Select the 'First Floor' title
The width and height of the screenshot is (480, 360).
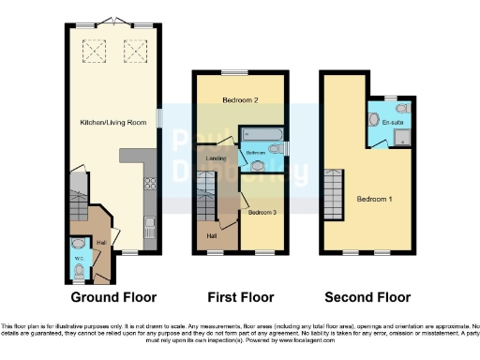(241, 297)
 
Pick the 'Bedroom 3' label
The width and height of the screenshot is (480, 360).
(262, 213)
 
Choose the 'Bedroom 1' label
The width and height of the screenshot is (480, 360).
(375, 199)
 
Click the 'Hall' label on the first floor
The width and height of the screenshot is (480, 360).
(211, 236)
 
